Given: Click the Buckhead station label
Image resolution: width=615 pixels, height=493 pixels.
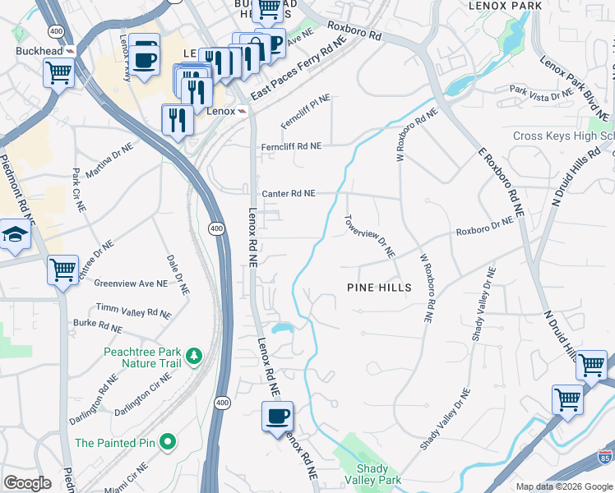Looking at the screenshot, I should (x=39, y=50).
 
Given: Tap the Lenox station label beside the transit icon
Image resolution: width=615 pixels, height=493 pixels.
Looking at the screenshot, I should (x=220, y=111).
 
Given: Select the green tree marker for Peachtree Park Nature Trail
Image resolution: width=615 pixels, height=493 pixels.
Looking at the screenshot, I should (x=194, y=356).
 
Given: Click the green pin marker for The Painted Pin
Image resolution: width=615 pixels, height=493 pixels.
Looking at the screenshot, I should (x=168, y=443).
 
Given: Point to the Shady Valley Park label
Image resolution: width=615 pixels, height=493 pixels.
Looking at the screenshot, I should (x=378, y=474).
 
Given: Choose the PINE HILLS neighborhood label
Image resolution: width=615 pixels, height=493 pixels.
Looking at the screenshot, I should (x=378, y=288).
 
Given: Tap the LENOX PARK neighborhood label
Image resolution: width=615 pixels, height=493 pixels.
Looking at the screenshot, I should (x=505, y=6).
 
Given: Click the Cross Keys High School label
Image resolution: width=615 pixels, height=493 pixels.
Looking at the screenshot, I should (x=563, y=136).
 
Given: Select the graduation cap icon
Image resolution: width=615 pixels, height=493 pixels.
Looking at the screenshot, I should (x=14, y=237).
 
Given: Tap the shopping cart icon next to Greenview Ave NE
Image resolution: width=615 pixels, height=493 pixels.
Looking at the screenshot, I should (x=62, y=270).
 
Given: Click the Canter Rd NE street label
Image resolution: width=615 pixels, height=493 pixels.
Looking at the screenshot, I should (x=288, y=194).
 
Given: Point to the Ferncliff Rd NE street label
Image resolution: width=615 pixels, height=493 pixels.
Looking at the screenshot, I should (x=291, y=146).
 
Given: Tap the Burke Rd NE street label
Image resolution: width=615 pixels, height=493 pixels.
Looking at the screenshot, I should (x=97, y=326).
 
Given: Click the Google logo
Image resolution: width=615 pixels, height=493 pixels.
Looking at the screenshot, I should (x=27, y=483).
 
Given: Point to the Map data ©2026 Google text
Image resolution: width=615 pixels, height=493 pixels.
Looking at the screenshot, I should (x=563, y=486).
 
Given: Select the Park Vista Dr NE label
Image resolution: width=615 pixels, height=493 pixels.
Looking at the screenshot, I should (x=541, y=93).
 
